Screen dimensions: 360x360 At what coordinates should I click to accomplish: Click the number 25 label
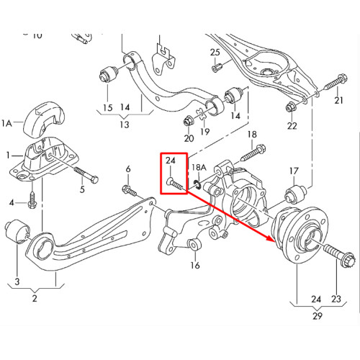click(x=215, y=53)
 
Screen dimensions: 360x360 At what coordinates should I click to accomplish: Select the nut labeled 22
click(x=291, y=107)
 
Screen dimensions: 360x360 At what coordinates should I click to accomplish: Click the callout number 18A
click(x=199, y=167)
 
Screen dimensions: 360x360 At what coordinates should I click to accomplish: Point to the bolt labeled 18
click(x=253, y=153)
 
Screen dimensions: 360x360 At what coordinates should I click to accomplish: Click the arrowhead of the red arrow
click(x=270, y=238)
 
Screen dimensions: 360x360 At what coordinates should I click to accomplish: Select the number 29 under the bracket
click(x=318, y=316)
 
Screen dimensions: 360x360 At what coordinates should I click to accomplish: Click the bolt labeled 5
click(x=86, y=174)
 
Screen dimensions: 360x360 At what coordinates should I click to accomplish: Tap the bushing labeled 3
click(x=17, y=231)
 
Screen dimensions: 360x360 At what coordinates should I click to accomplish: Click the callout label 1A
click(x=6, y=124)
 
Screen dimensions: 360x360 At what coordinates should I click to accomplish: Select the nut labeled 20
click(x=188, y=121)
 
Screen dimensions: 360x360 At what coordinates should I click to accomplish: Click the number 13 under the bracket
click(x=125, y=125)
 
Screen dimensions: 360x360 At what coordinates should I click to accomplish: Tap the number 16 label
click(x=195, y=265)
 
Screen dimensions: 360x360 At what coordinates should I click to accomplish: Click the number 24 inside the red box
click(x=171, y=160)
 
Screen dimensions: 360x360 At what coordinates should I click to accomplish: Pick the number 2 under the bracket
click(x=35, y=298)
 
